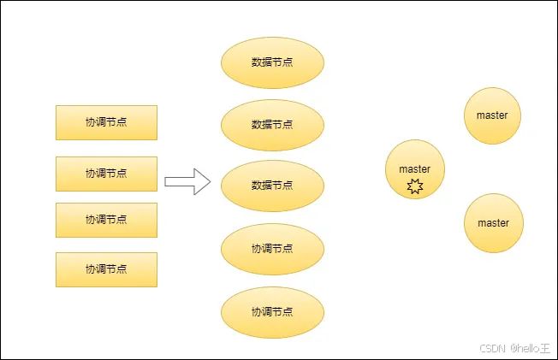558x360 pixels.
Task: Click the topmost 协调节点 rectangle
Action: tap(106, 122)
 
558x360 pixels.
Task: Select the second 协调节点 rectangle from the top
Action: tap(106, 174)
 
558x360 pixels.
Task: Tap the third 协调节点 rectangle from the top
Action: tap(106, 220)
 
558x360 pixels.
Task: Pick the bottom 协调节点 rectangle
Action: tap(106, 269)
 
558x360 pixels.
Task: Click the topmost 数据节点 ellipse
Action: tap(272, 62)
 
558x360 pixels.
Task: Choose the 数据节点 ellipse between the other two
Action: tap(272, 124)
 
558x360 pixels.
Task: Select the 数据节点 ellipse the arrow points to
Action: tap(272, 186)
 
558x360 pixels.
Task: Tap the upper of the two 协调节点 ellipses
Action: tap(272, 249)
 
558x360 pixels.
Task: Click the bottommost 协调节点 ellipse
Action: tap(272, 311)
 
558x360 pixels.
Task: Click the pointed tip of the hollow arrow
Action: tap(209, 181)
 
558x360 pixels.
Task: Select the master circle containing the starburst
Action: tap(415, 170)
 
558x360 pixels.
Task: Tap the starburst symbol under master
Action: tap(415, 186)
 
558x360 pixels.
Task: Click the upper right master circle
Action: tap(493, 115)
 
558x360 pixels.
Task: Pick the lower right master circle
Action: tap(493, 223)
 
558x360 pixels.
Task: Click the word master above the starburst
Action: tap(415, 169)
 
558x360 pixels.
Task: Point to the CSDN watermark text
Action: tap(490, 348)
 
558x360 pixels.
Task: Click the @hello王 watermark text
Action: tap(531, 348)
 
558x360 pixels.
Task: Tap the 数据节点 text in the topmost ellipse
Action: tap(272, 62)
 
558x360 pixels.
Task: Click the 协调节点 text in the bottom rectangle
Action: tap(106, 269)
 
